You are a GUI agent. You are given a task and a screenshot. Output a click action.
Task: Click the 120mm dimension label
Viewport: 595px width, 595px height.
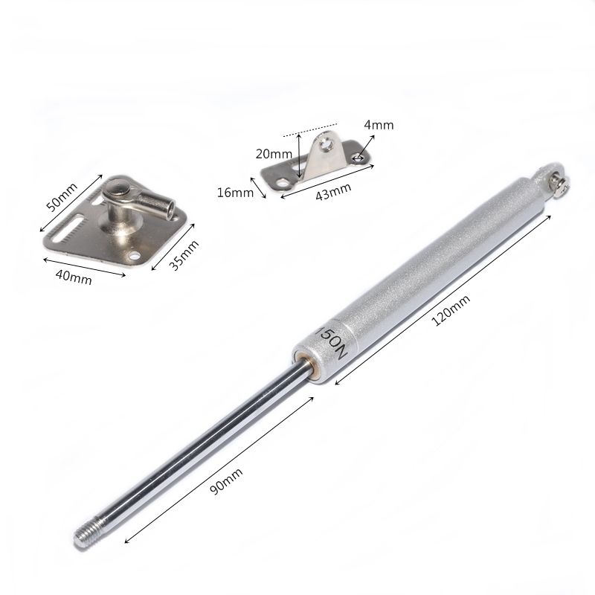point(451,310)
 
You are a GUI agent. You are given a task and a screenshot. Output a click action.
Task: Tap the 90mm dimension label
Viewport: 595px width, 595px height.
point(226,481)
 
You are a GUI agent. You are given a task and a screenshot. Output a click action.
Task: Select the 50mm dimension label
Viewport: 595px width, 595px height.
point(62,196)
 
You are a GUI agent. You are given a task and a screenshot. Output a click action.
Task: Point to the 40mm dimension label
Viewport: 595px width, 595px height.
point(74,276)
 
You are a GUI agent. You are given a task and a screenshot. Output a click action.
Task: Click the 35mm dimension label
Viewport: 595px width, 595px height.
point(184,255)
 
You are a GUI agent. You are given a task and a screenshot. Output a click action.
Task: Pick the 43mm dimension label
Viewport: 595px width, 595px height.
point(333,192)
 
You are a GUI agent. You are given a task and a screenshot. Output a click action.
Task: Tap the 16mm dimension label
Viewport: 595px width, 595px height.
point(235,193)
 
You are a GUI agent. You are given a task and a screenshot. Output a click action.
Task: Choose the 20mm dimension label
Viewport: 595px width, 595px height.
point(274,154)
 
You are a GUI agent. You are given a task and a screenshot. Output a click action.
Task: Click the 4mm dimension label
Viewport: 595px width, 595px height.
point(379,125)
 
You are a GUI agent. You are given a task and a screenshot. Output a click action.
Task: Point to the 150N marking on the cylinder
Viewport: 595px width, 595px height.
point(332,343)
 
